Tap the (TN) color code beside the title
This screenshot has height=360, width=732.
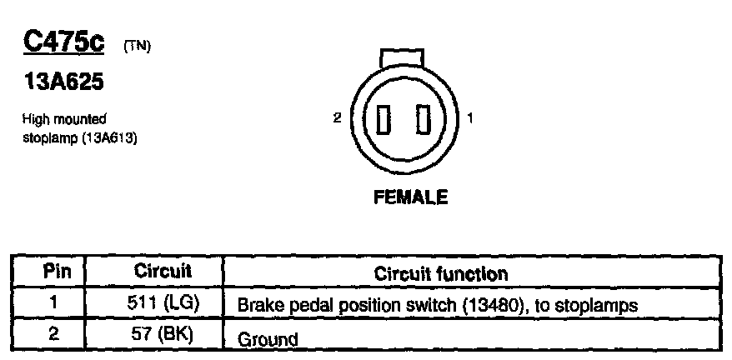click(137, 47)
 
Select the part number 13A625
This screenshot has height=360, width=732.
click(62, 84)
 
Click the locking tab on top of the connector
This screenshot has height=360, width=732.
click(403, 59)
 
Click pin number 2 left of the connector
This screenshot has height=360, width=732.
click(337, 118)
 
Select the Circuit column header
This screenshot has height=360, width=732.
click(163, 272)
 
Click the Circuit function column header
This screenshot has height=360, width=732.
click(441, 272)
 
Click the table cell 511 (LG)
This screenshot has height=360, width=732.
click(164, 304)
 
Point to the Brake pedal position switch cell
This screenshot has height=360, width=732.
click(438, 306)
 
